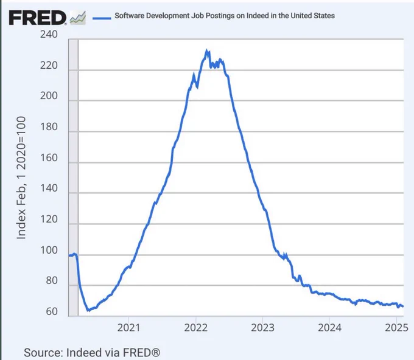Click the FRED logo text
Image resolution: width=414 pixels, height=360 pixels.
37,18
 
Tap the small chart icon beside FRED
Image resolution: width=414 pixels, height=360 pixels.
78,18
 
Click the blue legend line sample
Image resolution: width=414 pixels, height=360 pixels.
102,18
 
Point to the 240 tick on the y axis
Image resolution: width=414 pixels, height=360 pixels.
49,34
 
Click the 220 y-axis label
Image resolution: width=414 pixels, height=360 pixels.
49,65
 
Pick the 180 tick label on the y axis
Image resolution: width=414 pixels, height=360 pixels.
49,126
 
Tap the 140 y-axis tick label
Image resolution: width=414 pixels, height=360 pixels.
49,188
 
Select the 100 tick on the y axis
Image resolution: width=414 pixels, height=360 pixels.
49,250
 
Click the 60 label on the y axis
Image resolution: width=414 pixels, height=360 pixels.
52,311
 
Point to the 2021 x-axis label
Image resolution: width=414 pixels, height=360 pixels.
128,328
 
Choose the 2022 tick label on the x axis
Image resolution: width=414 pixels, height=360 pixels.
195,328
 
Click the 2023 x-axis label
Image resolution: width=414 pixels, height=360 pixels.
263,328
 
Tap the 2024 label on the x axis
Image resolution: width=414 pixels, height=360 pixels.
329,328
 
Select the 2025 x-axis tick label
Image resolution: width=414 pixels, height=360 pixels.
396,328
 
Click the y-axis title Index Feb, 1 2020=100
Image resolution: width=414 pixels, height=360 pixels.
21,178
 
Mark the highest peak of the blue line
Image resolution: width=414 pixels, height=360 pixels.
207,50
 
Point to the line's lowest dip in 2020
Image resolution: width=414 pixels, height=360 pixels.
89,310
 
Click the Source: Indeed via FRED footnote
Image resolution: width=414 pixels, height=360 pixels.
92,353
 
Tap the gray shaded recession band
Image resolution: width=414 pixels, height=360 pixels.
74,178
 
